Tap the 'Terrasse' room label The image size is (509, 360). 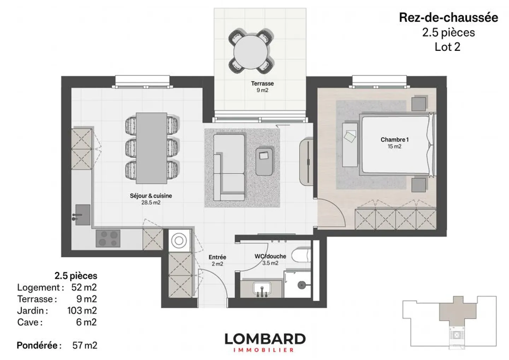pos(262,84)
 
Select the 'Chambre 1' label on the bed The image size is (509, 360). pos(394,140)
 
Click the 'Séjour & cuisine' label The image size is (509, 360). pos(151,196)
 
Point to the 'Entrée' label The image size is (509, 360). pos(217,257)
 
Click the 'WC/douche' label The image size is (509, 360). pos(270,256)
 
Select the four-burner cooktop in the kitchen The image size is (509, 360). pos(108,238)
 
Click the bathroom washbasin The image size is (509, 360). pos(262,288)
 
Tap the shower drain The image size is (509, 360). pos(302,285)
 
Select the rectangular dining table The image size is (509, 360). pos(152,148)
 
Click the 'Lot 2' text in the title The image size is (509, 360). pos(447,47)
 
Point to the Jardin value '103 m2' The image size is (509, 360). pos(82,310)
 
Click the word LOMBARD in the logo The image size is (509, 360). pos(265,339)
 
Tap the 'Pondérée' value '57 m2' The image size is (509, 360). pos(84,345)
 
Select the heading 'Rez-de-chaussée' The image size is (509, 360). pos(448,18)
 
